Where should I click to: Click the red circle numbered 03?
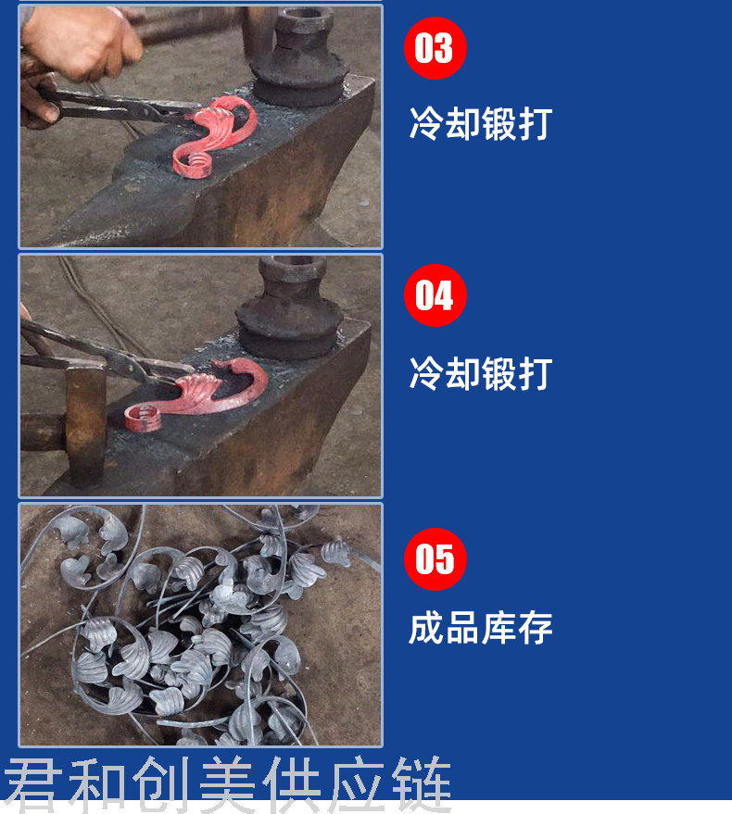click(435, 48)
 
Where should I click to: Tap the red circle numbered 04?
click(435, 295)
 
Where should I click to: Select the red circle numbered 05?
click(435, 559)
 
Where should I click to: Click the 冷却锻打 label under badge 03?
click(481, 123)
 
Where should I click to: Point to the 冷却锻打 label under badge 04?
click(481, 373)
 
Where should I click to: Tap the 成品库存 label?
click(481, 628)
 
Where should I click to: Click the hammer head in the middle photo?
click(86, 423)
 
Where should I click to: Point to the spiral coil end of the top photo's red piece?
click(195, 164)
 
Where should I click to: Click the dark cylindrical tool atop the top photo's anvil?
click(298, 57)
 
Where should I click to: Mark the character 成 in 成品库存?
click(426, 628)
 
